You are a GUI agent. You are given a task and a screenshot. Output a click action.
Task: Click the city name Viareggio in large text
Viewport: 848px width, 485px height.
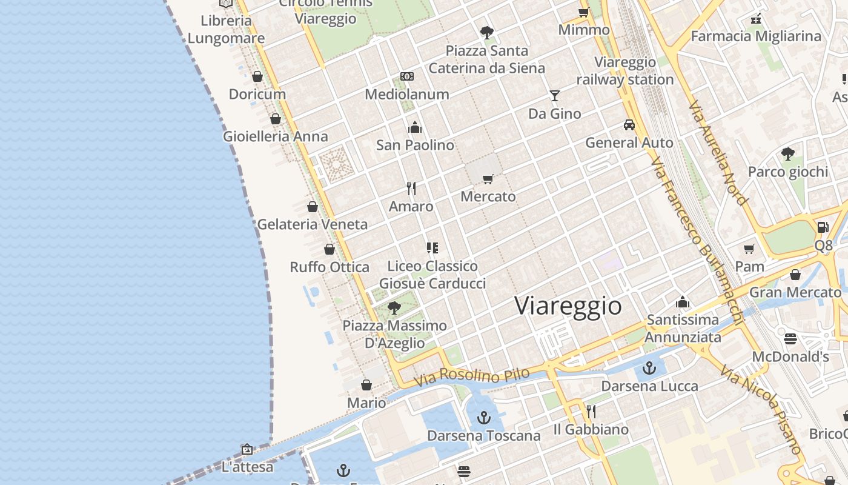[x=568, y=306]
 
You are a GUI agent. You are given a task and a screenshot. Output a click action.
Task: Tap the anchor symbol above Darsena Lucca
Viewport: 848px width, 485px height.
[x=649, y=368]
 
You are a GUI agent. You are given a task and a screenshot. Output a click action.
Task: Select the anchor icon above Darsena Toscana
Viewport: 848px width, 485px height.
[x=483, y=418]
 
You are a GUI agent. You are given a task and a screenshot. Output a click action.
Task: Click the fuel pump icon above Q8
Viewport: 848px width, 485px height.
[x=823, y=227]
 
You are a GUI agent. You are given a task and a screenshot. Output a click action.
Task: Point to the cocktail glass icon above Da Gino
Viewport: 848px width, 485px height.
[x=554, y=96]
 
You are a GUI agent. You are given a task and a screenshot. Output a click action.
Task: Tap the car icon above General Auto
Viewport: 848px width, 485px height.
[x=629, y=125]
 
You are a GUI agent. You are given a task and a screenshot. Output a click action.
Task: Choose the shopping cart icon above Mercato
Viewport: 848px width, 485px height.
[x=488, y=179]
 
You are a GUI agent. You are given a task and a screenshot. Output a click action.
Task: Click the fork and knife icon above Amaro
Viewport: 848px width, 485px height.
[x=411, y=189]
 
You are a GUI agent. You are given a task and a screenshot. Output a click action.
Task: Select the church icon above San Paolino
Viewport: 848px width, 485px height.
[x=415, y=127]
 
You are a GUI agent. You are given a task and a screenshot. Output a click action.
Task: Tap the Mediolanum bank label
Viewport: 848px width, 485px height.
[x=407, y=94]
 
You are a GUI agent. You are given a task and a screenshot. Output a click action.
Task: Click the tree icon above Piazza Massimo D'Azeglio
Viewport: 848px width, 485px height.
[x=394, y=308]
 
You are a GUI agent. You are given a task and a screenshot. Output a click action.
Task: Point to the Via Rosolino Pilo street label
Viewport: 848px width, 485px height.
[x=472, y=376]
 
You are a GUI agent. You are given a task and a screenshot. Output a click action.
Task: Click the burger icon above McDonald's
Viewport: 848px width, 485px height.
[x=790, y=338]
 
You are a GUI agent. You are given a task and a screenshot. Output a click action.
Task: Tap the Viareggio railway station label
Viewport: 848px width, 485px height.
[x=625, y=71]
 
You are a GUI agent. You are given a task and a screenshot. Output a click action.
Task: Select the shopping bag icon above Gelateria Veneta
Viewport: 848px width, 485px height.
[x=313, y=207]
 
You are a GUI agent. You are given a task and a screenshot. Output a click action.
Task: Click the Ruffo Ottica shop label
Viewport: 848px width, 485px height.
[x=330, y=267]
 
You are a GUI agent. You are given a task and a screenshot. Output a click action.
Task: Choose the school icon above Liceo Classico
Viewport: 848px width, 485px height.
[x=432, y=247]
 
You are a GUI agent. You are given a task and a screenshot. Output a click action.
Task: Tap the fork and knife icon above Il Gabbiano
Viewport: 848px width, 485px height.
[x=591, y=412]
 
